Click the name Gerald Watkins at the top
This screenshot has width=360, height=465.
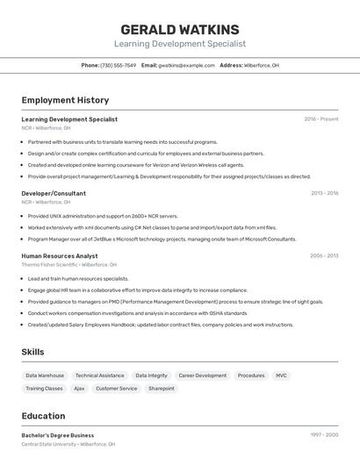pos(180,29)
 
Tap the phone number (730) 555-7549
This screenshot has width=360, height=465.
pos(118,65)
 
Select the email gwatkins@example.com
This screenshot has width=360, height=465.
pos(186,65)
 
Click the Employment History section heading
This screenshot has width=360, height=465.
pos(65,100)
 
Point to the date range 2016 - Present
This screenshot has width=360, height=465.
pos(320,119)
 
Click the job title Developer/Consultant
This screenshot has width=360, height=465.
pos(54,193)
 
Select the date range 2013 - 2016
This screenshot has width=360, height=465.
pos(324,193)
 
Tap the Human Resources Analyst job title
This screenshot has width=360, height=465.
pos(60,256)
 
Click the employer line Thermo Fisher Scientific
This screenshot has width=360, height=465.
pos(68,264)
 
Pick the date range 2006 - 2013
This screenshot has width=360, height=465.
pos(324,256)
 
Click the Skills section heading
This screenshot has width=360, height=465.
pos(32,352)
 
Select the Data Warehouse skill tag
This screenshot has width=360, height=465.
pos(45,376)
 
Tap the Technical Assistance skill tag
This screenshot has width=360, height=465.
pos(99,376)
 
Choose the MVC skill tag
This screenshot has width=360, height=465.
pos(281,376)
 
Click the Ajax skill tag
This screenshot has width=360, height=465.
pos(79,388)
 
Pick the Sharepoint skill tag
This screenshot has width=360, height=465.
pos(162,388)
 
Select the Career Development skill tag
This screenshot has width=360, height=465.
pos(202,376)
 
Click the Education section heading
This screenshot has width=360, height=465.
pos(43,416)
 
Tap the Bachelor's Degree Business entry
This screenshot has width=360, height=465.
pos(58,435)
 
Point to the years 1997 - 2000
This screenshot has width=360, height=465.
pos(324,435)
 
